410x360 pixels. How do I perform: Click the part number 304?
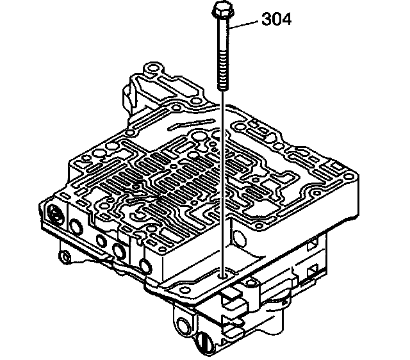pyautogui.click(x=276, y=19)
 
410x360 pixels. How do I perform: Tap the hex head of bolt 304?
pyautogui.click(x=222, y=10)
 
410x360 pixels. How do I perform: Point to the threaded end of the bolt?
pyautogui.click(x=222, y=70)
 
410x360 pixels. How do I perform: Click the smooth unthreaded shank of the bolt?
pyautogui.click(x=223, y=35)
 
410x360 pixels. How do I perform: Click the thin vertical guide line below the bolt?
pyautogui.click(x=222, y=183)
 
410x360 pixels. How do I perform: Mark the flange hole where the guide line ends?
pyautogui.click(x=223, y=276)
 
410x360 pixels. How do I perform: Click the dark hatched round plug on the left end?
pyautogui.click(x=56, y=213)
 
